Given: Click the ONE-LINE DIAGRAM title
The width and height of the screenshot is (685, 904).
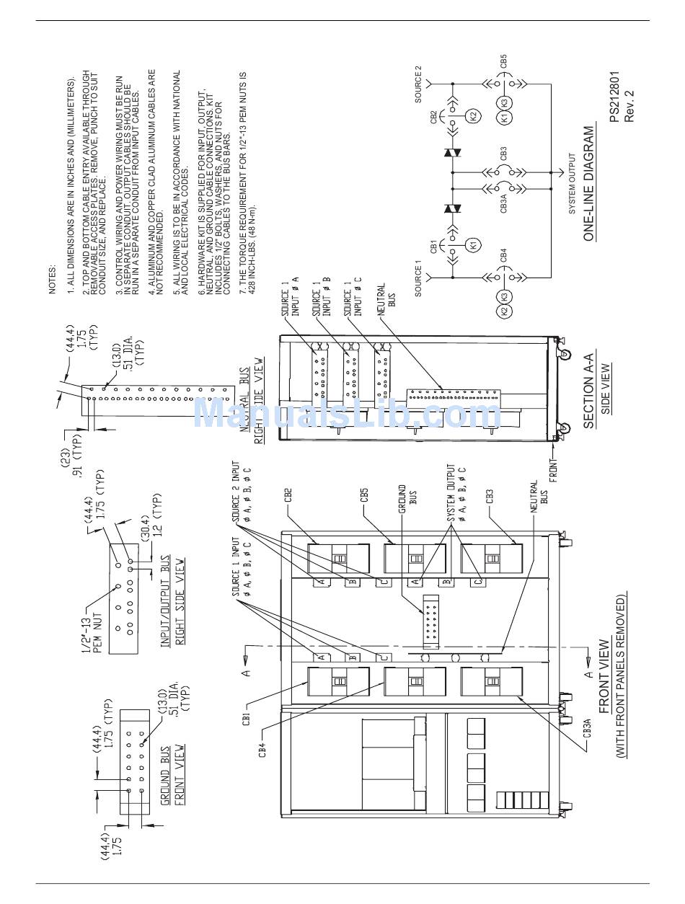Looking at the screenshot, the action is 590,183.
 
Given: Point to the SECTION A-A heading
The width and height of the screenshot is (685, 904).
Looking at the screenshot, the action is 588,391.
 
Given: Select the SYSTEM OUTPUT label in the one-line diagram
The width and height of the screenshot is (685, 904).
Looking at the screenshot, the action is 573,183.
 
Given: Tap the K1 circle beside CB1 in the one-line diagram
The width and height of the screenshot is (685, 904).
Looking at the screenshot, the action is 473,244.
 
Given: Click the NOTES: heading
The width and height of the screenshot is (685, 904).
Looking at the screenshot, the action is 53,277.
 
